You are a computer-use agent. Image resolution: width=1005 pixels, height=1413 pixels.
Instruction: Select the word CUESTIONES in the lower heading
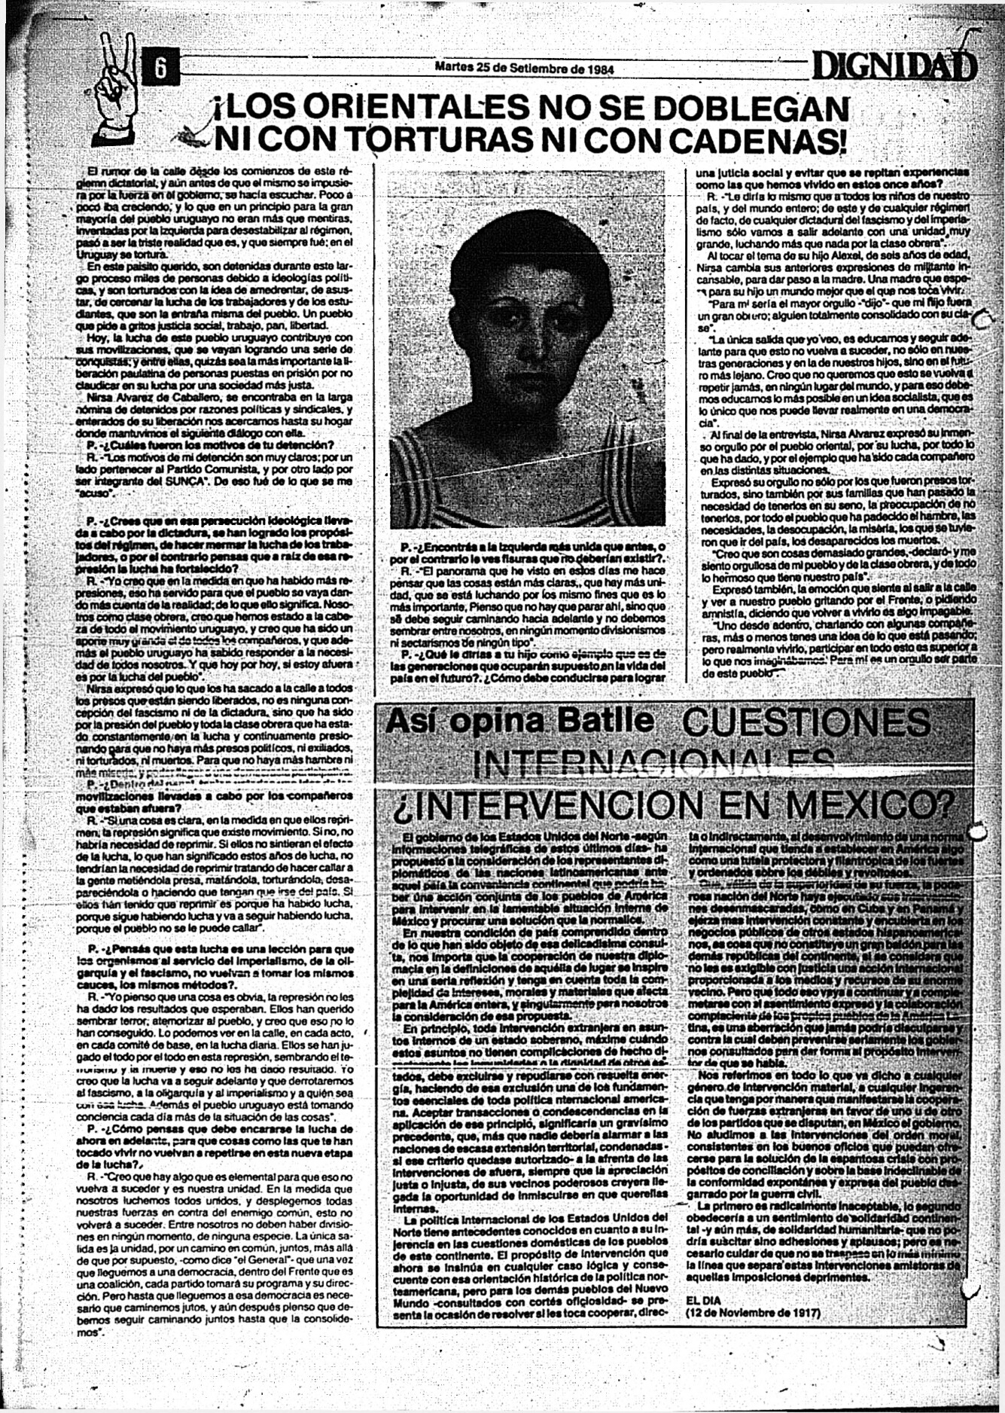click(x=806, y=722)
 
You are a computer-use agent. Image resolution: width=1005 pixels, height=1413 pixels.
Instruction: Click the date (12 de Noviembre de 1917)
click(x=753, y=1312)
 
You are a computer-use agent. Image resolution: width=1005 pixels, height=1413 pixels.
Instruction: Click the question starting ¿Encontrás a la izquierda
click(x=531, y=546)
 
